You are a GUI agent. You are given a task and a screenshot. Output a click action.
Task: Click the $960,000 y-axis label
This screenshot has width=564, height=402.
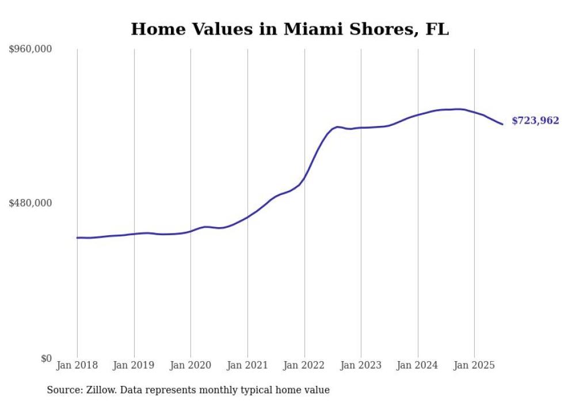[31, 49]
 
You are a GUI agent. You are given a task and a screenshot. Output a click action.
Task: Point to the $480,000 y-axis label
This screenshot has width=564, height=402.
[31, 203]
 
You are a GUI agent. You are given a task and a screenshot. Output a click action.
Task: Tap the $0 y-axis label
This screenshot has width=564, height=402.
[46, 358]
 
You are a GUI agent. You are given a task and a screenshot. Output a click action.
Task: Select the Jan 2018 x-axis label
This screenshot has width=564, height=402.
[77, 365]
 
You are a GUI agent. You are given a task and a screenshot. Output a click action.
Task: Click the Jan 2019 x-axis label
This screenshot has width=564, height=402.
[134, 365]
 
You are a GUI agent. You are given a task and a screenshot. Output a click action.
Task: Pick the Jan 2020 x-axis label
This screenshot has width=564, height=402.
[190, 365]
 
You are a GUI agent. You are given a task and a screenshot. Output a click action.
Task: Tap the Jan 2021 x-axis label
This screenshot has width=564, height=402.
[247, 365]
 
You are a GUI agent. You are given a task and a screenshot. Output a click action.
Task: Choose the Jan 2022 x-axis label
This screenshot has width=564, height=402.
[304, 365]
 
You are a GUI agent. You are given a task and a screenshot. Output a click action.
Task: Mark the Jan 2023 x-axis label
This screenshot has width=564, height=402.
[361, 365]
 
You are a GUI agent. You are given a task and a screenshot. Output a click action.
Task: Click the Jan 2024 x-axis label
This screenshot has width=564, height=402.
[418, 365]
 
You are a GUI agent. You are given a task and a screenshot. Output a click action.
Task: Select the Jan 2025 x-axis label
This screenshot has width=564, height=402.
[474, 365]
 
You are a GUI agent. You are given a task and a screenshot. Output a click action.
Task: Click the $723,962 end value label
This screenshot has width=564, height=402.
[535, 121]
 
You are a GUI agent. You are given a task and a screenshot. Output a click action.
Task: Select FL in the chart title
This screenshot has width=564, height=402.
[437, 29]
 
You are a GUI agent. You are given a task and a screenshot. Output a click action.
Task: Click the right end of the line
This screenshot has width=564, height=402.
[502, 124]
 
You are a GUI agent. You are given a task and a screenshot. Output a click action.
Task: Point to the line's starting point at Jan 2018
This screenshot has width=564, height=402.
[77, 238]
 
